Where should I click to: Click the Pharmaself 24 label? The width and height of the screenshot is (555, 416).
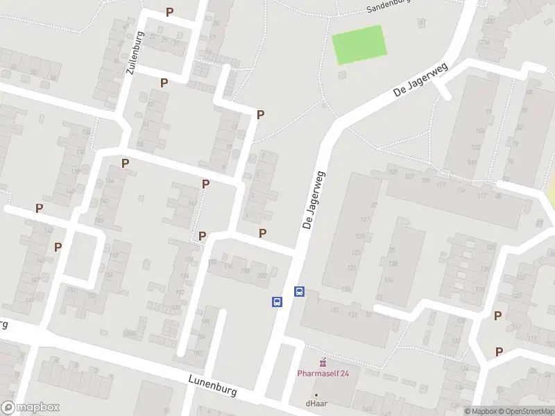tap(323, 373)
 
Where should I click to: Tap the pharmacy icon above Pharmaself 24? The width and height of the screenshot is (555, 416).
tap(322, 362)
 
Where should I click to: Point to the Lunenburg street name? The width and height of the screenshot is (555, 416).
tap(212, 385)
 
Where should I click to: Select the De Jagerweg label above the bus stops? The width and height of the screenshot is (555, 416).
tap(313, 201)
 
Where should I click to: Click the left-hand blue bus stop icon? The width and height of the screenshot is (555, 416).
tap(277, 302)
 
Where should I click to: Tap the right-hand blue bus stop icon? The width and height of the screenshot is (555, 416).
tap(300, 292)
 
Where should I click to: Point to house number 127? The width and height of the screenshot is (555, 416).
tap(365, 219)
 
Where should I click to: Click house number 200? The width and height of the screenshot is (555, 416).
tap(262, 276)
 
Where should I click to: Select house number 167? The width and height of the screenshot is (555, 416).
tap(192, 203)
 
